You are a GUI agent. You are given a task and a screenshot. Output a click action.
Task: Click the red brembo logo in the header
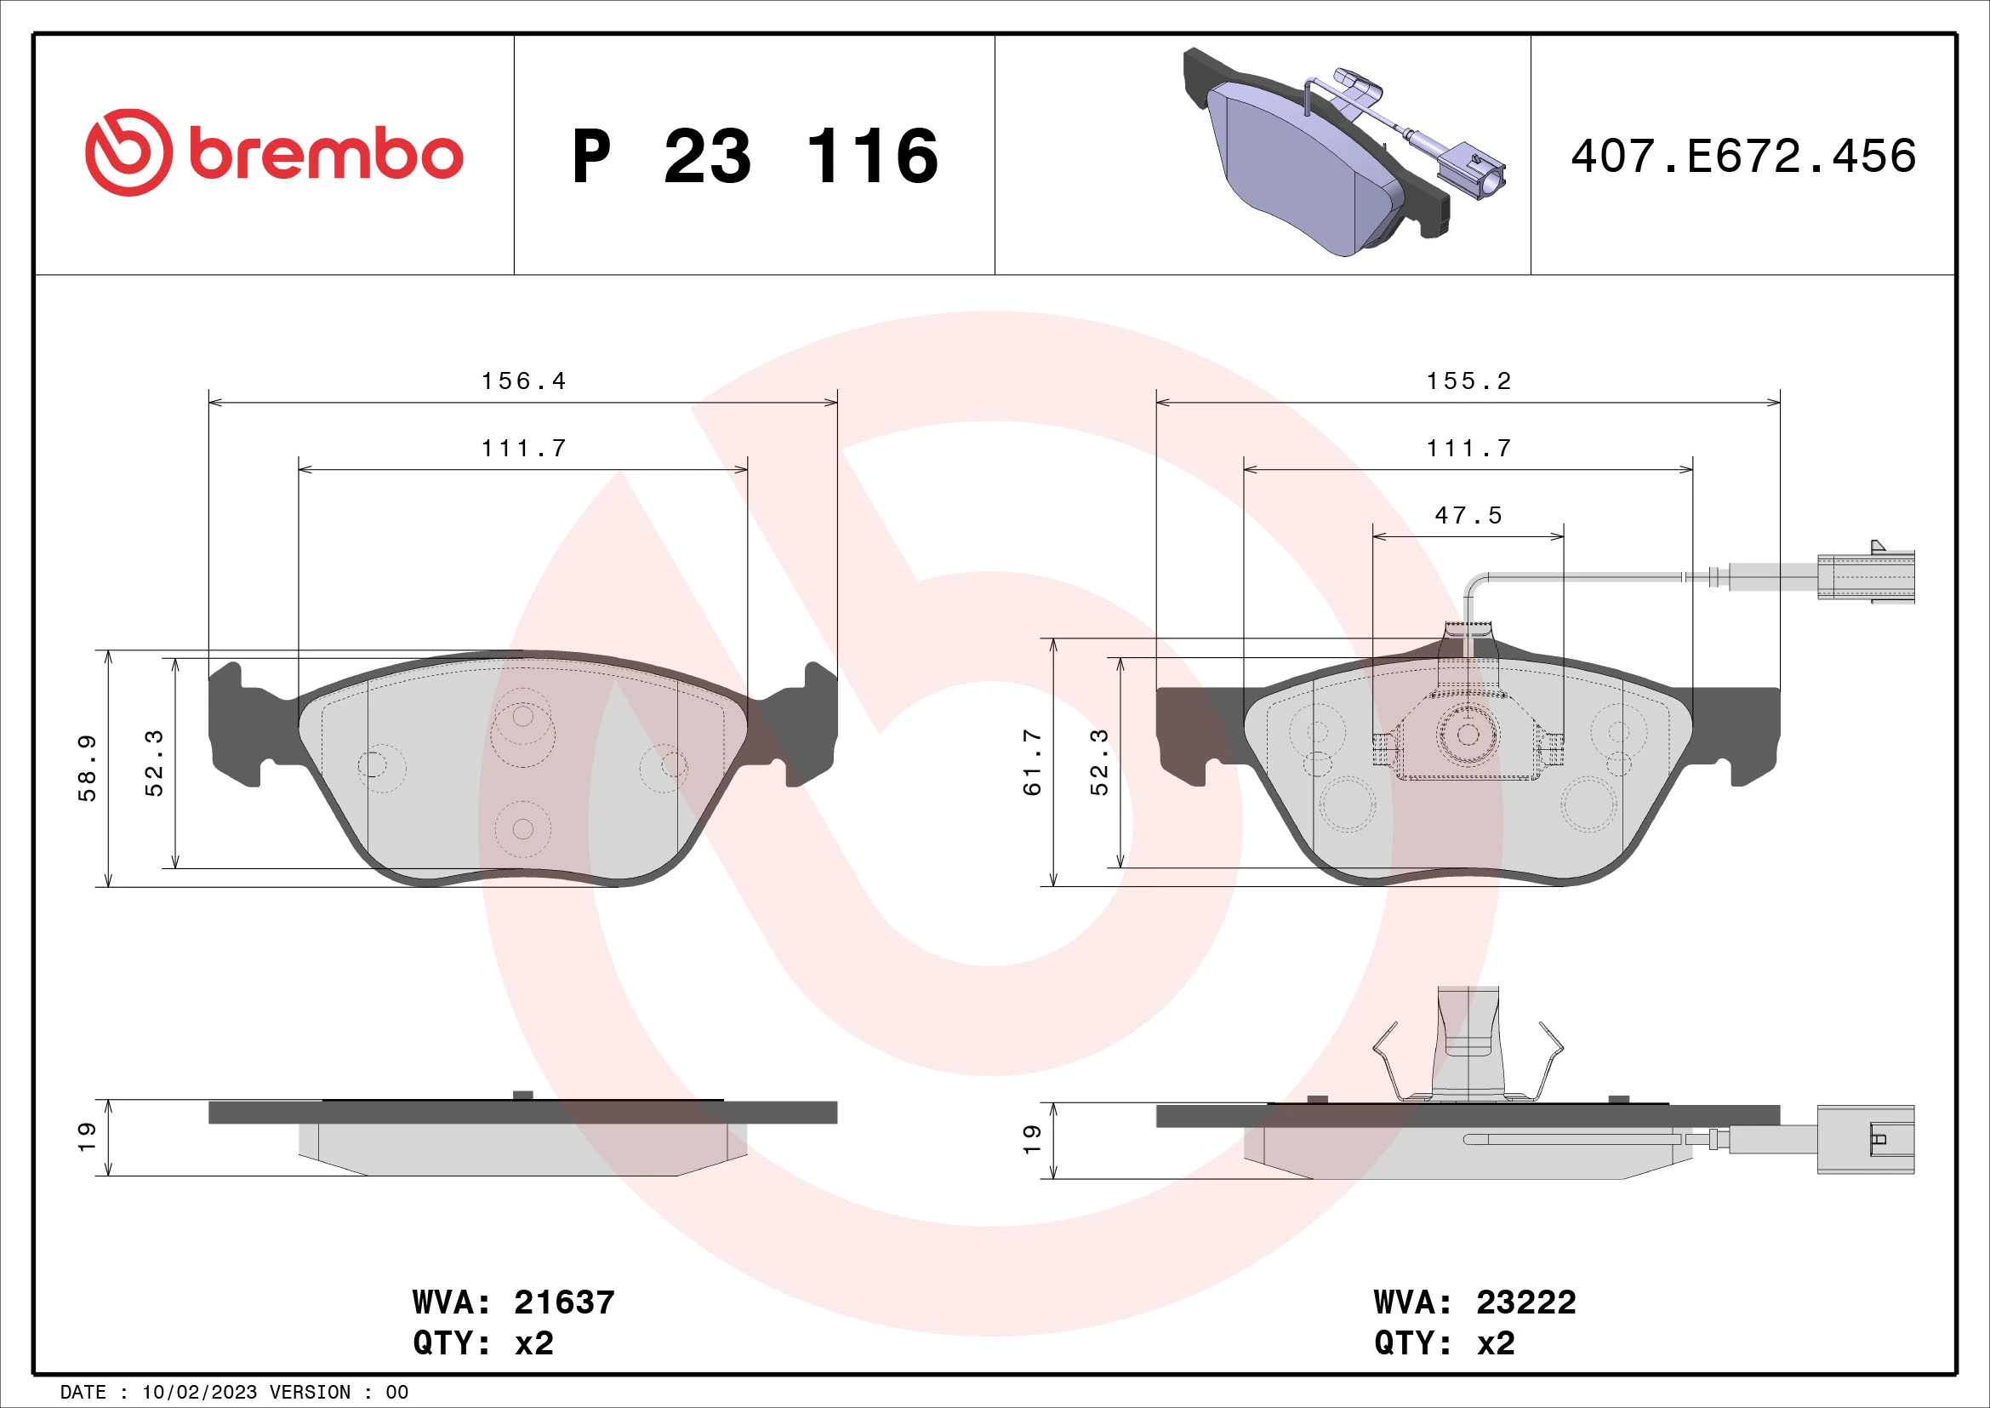coord(274,153)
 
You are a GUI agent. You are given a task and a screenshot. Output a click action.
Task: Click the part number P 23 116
coord(754,157)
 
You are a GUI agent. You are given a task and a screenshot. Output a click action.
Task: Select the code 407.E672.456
coord(1743,157)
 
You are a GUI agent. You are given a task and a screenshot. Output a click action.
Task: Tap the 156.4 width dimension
coord(523,381)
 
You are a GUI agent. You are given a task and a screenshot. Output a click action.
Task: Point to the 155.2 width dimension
coord(1469,381)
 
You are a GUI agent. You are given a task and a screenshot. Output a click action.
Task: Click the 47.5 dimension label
coord(1468,516)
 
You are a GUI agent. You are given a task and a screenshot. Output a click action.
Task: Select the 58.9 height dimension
coord(88,768)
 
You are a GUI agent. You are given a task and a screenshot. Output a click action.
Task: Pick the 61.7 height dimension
coord(1032,762)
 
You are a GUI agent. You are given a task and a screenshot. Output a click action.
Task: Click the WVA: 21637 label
coord(513,1302)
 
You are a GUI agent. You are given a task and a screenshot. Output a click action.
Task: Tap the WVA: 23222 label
coord(1474,1302)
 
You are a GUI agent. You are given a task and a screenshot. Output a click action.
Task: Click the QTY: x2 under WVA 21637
coord(482,1343)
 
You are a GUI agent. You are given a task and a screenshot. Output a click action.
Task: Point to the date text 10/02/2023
coord(199,1393)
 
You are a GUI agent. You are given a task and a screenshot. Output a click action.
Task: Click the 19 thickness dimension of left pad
coord(87,1136)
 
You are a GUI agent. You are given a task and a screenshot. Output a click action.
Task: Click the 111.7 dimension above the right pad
coord(1469,449)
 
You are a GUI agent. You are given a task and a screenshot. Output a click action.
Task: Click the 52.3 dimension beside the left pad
coord(154,762)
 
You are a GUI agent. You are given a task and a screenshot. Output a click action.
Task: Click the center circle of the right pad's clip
coord(1468,735)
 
